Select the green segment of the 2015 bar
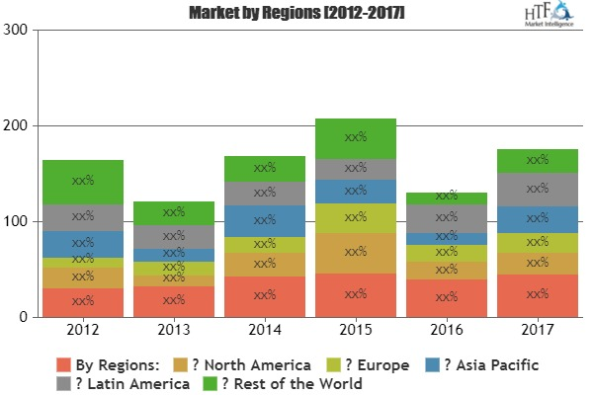(x=355, y=138)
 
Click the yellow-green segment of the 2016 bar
(x=446, y=253)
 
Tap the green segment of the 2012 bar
(x=83, y=182)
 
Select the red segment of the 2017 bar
(x=537, y=295)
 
